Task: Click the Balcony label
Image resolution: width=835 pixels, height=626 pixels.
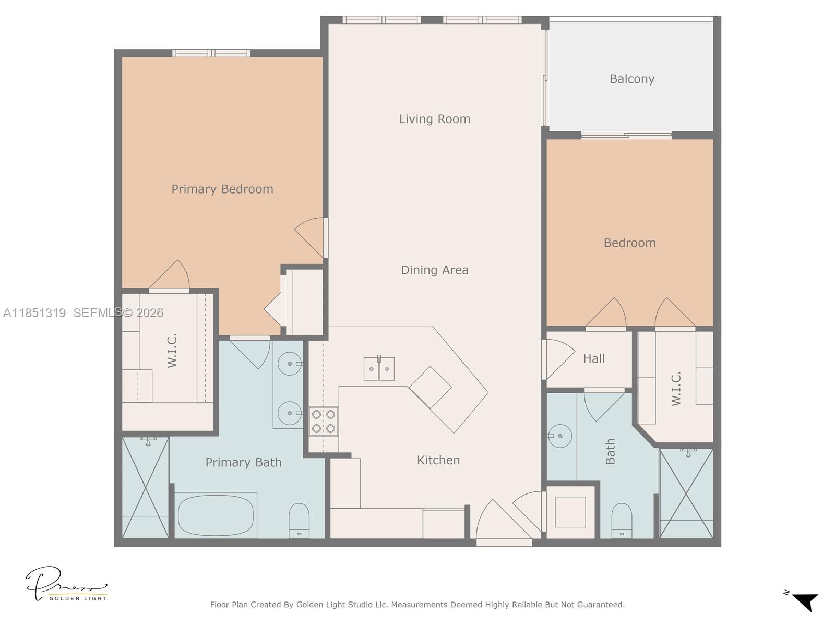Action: click(x=631, y=79)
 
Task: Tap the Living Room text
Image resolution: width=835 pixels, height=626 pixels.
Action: click(x=434, y=119)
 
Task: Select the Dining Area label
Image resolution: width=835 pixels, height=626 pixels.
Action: click(x=434, y=270)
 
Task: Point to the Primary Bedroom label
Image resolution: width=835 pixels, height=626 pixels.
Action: click(x=222, y=189)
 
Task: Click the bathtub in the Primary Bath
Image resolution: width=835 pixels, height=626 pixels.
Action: click(x=216, y=515)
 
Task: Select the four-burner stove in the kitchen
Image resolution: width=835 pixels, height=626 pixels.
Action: click(x=323, y=422)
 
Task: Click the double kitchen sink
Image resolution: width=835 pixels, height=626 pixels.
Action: click(x=379, y=369)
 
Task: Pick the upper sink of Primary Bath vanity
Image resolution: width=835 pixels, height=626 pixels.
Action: click(x=289, y=364)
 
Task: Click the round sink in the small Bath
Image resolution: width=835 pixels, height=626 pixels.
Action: click(x=559, y=436)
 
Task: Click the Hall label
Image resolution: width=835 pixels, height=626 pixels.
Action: click(x=593, y=358)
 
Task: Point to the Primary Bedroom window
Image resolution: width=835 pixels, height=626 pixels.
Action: click(x=211, y=53)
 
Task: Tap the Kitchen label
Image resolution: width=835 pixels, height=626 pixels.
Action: click(x=438, y=460)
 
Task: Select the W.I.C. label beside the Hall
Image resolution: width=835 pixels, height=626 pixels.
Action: click(x=676, y=389)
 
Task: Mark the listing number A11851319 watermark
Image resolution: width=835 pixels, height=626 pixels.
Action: click(x=34, y=313)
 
